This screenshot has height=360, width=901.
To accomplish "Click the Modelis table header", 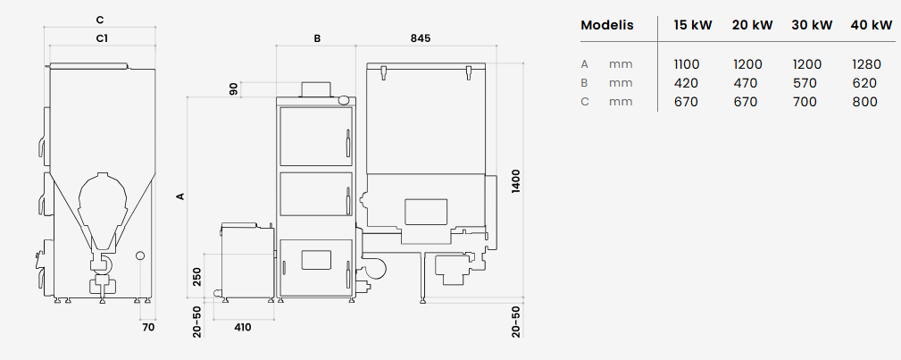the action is (607, 25).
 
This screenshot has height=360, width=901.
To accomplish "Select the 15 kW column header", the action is (693, 25).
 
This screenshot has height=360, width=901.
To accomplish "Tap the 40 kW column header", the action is (872, 25).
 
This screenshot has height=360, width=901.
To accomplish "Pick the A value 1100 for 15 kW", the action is (687, 64).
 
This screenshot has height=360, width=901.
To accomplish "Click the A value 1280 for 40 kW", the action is (866, 64).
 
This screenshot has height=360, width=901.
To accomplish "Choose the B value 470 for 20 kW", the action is (746, 83).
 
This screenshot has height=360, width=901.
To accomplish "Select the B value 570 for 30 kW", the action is (805, 83).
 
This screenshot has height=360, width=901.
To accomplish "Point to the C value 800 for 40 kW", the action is (864, 102).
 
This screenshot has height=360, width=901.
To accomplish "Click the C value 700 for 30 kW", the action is (805, 102).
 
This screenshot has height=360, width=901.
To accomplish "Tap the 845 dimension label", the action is (420, 38).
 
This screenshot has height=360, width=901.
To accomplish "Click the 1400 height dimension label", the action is (516, 180).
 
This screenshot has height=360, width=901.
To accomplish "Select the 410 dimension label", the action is (243, 327).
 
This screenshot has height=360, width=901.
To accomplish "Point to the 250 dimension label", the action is (197, 276).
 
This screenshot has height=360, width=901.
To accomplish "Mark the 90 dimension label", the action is (234, 89).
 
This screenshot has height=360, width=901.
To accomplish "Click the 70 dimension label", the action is (148, 327).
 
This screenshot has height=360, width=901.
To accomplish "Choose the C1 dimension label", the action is (103, 38).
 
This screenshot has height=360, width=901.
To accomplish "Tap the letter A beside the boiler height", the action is (180, 197).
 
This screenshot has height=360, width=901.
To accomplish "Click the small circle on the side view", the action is (139, 255).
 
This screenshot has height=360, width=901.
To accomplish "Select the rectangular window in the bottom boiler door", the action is (317, 259).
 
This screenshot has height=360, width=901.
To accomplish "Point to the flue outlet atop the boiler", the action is (317, 89).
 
